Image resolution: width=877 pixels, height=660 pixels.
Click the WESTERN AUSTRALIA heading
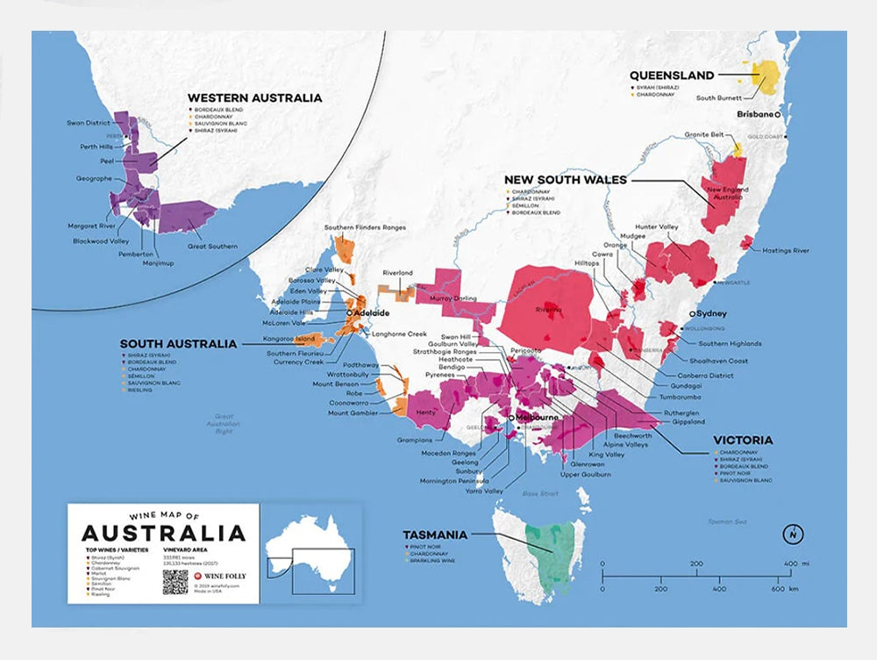click(x=254, y=98)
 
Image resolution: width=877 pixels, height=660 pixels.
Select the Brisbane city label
click(x=754, y=115)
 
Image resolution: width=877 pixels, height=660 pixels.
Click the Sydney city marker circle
click(x=693, y=313)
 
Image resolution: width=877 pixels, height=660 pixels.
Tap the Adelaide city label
click(x=372, y=312)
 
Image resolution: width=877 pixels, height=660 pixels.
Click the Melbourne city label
click(x=537, y=418)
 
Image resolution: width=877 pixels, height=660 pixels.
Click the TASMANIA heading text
click(x=436, y=534)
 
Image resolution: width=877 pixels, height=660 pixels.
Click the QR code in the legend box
click(x=175, y=582)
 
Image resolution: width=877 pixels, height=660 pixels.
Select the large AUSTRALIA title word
click(x=164, y=533)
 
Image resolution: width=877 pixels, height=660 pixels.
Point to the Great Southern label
click(x=212, y=247)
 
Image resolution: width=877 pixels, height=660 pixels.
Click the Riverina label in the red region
click(x=548, y=310)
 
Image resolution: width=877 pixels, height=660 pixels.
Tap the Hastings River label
click(x=785, y=251)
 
